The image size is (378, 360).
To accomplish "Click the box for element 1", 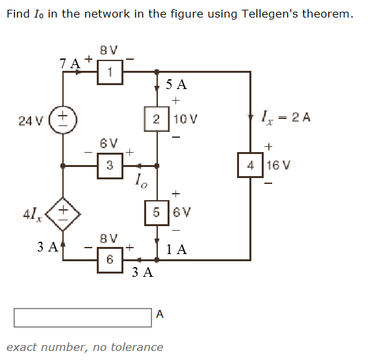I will [x=110, y=73].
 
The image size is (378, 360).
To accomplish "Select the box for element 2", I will [x=156, y=119].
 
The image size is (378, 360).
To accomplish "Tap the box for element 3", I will [x=110, y=166].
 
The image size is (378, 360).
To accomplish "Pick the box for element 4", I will [x=251, y=165].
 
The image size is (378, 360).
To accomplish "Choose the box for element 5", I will [x=156, y=212].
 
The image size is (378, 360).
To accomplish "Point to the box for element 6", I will [x=110, y=259].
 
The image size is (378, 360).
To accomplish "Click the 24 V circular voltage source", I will [x=62, y=121].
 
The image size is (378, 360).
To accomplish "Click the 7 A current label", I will [x=69, y=63].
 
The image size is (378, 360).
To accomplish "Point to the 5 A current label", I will [x=176, y=84].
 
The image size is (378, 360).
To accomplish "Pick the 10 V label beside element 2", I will [x=184, y=120].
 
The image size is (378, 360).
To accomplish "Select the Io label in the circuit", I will [x=141, y=181].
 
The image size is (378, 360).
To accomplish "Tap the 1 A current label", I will [x=176, y=249].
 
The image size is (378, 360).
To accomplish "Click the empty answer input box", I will [x=82, y=316].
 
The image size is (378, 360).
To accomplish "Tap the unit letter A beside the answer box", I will [x=160, y=314].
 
